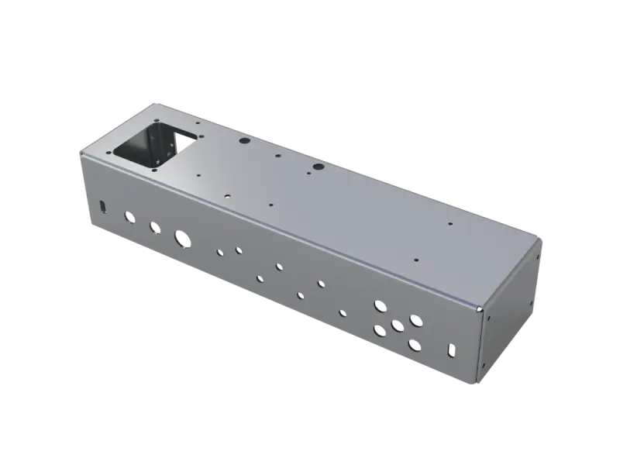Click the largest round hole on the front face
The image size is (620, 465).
coord(183,238)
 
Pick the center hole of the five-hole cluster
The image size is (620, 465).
coord(397,325)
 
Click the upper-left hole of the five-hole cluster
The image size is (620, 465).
coord(379,306)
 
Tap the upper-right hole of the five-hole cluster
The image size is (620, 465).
coord(415,319)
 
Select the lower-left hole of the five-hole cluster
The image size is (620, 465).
coord(379,331)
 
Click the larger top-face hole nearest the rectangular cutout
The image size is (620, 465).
coord(243,142)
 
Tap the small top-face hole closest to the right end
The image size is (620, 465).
coord(450,225)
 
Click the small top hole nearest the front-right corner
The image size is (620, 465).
coord(416,260)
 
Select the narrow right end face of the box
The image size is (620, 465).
coord(511,310)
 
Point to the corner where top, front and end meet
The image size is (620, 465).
coord(480,309)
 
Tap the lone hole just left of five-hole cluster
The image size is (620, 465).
coord(343,313)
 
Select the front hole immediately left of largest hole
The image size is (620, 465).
coord(155,227)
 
